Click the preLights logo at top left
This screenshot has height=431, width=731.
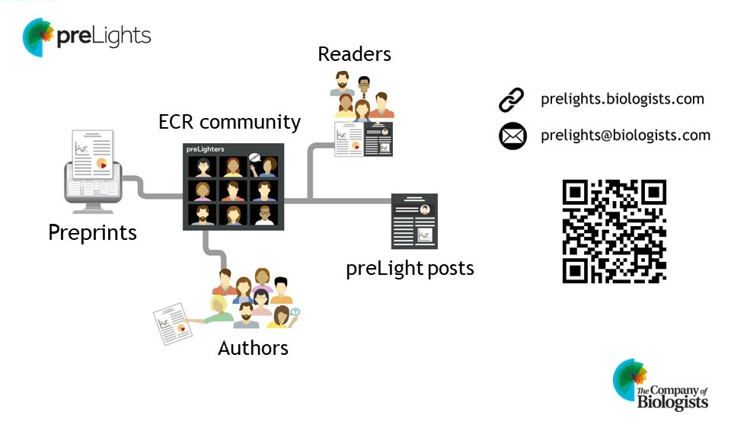pos(86,37)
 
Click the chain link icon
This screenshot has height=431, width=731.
pos(512,100)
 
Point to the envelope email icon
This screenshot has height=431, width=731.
pos(512,136)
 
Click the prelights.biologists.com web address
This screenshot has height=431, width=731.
pos(622,99)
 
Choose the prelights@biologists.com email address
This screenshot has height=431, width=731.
pos(625,136)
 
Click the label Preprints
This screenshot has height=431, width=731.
pos(92,232)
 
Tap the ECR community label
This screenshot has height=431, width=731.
pos(229,122)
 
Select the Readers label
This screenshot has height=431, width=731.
pos(354,54)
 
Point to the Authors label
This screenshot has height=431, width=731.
pos(253,348)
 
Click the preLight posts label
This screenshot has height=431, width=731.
pos(410,269)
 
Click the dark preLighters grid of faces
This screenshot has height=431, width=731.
pos(233,186)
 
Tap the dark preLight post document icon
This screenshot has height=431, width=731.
pos(414,221)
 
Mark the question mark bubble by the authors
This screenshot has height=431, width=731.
pos(295,311)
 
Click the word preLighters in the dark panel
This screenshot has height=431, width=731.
pos(206,150)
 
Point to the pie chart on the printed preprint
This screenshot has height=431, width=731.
pos(101,163)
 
